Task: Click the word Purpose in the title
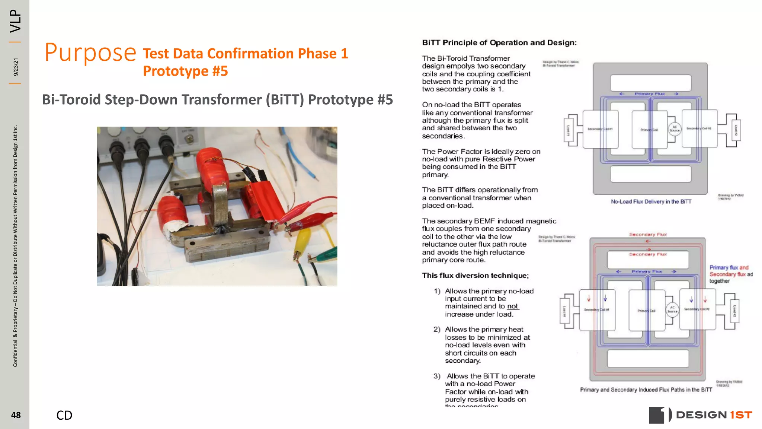90,53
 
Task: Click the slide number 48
16,415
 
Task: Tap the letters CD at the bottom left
64,415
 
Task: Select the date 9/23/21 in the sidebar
16,67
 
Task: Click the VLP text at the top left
16,21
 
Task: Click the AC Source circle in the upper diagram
675,128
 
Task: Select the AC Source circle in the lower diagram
672,309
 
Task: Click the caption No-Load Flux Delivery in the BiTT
651,201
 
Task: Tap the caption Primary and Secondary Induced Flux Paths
646,390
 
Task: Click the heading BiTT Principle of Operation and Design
499,42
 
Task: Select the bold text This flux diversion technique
475,275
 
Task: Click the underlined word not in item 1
512,306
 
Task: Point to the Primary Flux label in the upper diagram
649,94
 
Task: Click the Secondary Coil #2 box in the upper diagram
699,128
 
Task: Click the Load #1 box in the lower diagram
564,311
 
